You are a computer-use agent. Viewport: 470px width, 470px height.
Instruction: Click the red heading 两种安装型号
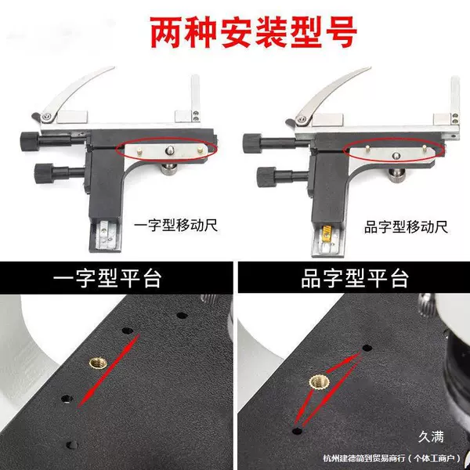pyautogui.click(x=253, y=32)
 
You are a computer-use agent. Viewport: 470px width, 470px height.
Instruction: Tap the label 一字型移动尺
pyautogui.click(x=175, y=226)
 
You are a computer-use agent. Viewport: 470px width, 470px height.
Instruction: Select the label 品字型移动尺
pyautogui.click(x=406, y=227)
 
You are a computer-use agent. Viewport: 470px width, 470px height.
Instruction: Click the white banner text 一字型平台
pyautogui.click(x=107, y=278)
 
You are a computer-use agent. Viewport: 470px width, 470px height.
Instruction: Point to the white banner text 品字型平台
pyautogui.click(x=355, y=278)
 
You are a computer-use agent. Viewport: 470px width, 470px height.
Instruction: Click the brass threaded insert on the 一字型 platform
pyautogui.click(x=98, y=363)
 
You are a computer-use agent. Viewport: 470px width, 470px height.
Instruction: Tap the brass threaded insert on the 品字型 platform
pyautogui.click(x=320, y=382)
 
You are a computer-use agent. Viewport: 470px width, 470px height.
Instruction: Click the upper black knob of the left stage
pyautogui.click(x=30, y=142)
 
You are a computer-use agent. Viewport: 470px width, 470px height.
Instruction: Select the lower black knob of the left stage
pyautogui.click(x=44, y=173)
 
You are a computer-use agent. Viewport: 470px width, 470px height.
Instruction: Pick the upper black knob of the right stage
pyautogui.click(x=252, y=143)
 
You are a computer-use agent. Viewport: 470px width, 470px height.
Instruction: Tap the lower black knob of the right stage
pyautogui.click(x=267, y=177)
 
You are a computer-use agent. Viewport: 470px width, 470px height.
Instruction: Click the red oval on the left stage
pyautogui.click(x=166, y=150)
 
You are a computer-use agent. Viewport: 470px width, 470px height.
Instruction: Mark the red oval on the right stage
pyautogui.click(x=395, y=150)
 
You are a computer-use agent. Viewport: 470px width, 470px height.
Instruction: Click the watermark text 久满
pyautogui.click(x=431, y=437)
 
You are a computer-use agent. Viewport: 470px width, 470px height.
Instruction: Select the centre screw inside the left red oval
pyautogui.click(x=170, y=150)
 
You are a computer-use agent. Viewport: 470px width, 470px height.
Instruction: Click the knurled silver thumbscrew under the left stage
pyautogui.click(x=170, y=168)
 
